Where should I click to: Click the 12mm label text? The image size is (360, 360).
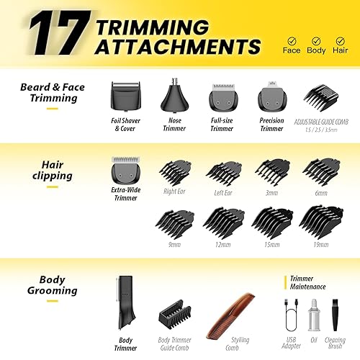222,244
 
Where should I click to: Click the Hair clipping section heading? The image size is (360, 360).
52,170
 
